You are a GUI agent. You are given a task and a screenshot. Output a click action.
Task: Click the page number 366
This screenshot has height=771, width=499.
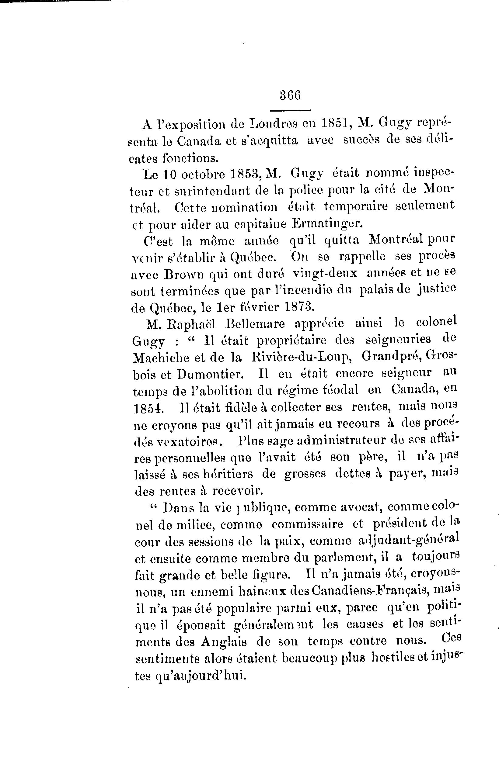click(x=290, y=96)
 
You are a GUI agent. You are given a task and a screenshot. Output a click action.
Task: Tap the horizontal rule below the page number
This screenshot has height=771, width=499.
click(x=290, y=110)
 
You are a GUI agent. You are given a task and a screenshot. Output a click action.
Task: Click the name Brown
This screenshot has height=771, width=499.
click(x=184, y=274)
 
